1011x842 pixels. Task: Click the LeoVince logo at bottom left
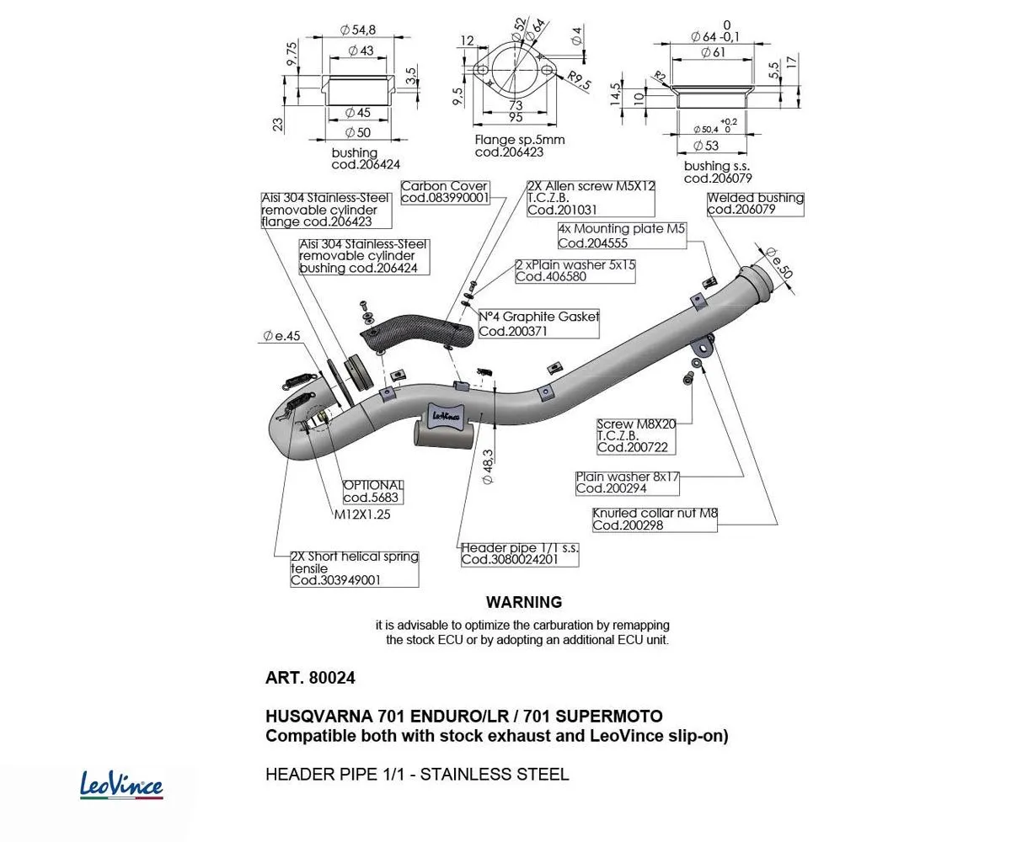[121, 785]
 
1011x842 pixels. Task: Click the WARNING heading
[523, 602]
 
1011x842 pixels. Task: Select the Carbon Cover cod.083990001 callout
[445, 192]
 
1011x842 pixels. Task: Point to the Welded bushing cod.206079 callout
[755, 204]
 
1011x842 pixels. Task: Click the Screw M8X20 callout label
[636, 436]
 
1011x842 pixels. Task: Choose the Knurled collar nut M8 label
[655, 519]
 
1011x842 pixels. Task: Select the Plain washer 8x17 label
[628, 482]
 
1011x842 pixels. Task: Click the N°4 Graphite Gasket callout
[539, 323]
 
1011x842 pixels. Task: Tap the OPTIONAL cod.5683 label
[373, 491]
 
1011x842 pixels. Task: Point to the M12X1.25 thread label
[362, 514]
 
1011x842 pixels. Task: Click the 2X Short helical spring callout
[354, 568]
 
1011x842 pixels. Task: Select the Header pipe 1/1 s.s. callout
[520, 553]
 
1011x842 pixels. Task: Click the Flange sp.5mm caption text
[520, 140]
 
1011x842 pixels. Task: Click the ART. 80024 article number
[310, 678]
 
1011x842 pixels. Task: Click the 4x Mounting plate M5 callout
[622, 236]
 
